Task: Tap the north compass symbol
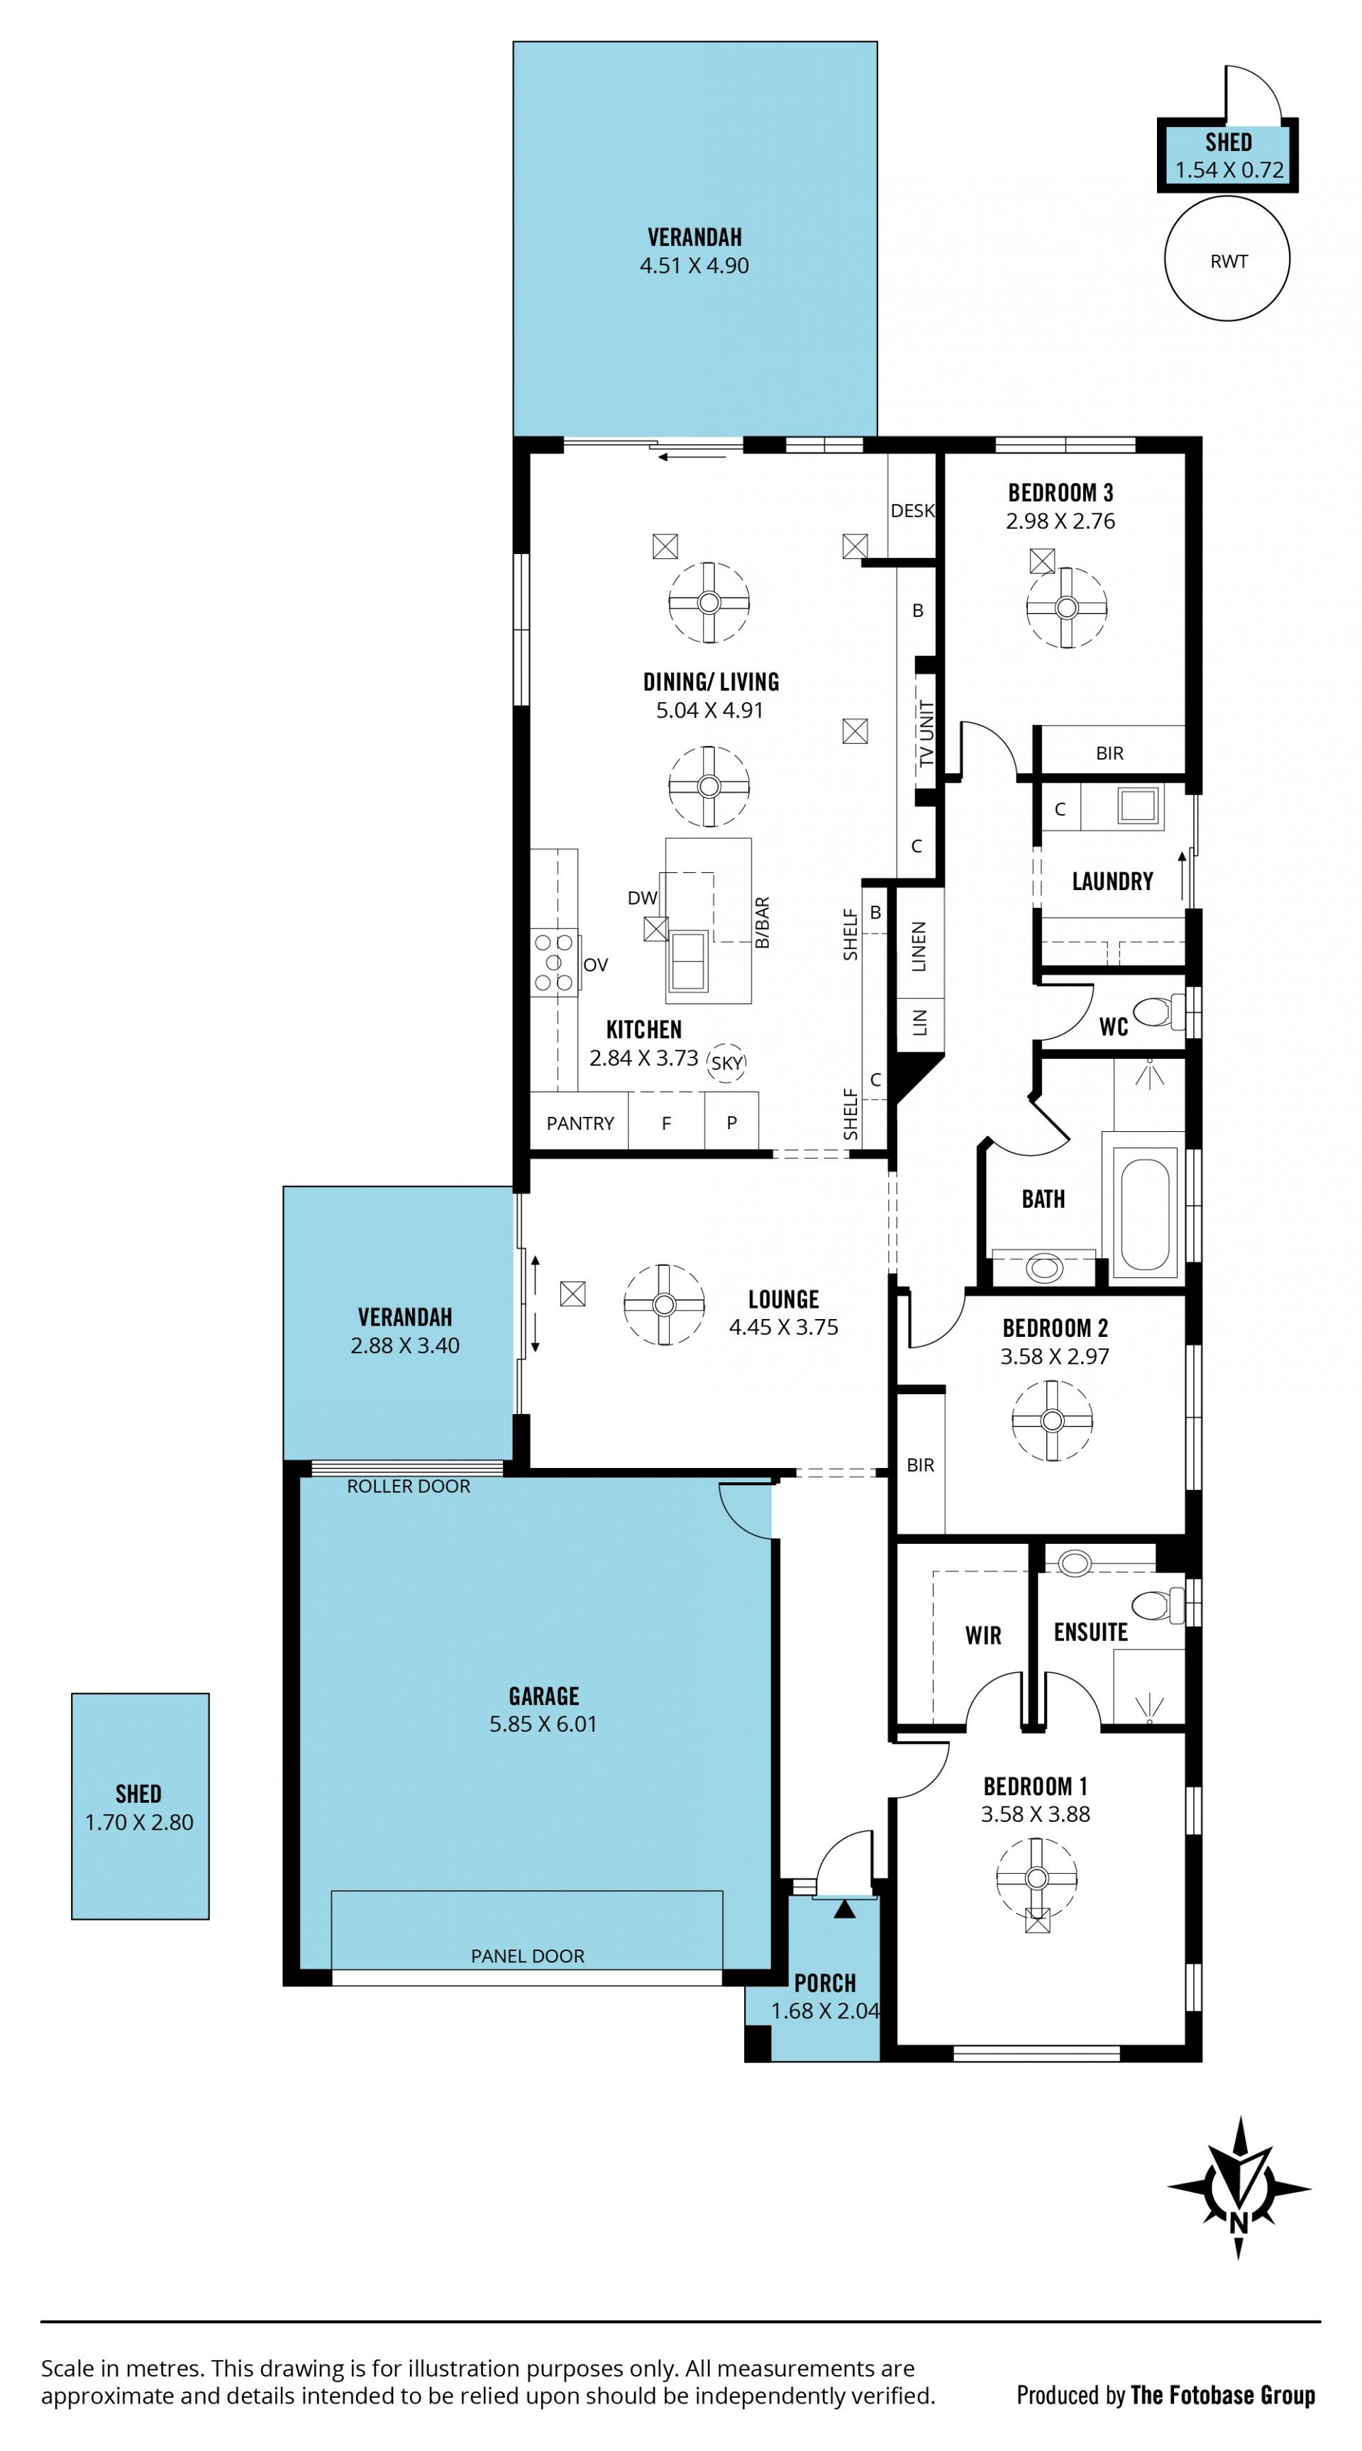tap(1239, 2187)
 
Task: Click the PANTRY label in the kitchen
tap(580, 1123)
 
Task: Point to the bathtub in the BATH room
tap(1143, 1214)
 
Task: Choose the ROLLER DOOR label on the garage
tap(409, 1486)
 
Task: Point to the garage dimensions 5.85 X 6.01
tap(543, 1723)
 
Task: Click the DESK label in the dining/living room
tap(912, 511)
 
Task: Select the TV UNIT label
tap(926, 733)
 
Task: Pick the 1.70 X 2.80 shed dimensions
tap(139, 1822)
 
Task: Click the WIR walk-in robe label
tap(982, 1635)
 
